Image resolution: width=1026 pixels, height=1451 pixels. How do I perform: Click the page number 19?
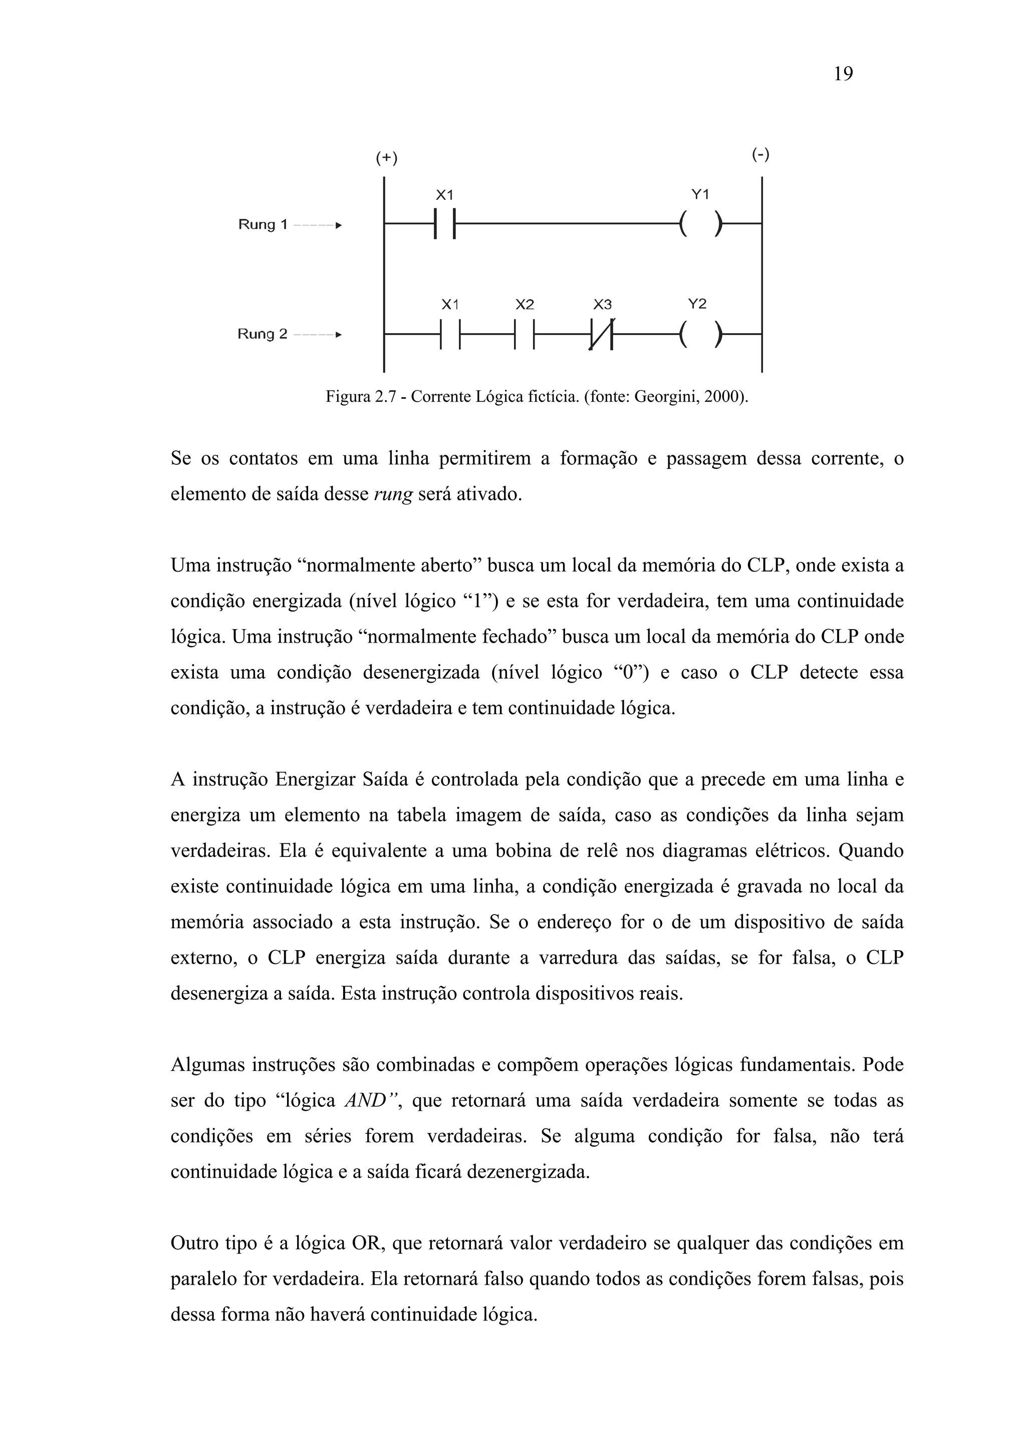[x=843, y=75]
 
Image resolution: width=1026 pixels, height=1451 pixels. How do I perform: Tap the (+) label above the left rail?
[x=386, y=158]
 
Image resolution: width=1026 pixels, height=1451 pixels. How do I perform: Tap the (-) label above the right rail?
[x=760, y=154]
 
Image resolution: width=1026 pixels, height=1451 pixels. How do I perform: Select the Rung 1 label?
[x=263, y=224]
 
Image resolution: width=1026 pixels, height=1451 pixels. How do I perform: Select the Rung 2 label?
[x=263, y=334]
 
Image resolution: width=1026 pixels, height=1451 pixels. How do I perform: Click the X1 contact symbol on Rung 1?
[x=445, y=224]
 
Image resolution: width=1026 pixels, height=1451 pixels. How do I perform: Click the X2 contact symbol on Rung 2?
[x=525, y=334]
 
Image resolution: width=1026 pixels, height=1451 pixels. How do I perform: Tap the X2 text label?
[x=525, y=305]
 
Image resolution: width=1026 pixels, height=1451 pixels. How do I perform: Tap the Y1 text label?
[x=700, y=195]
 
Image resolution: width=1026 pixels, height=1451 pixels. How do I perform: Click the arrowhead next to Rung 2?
[x=338, y=334]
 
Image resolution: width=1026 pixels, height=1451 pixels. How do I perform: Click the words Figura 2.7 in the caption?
[x=364, y=397]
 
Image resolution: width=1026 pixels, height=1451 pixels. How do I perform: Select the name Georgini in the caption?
[x=662, y=397]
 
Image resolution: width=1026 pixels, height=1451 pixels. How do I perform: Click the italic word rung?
[x=393, y=493]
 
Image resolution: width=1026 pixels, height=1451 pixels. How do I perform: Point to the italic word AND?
[x=365, y=1101]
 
